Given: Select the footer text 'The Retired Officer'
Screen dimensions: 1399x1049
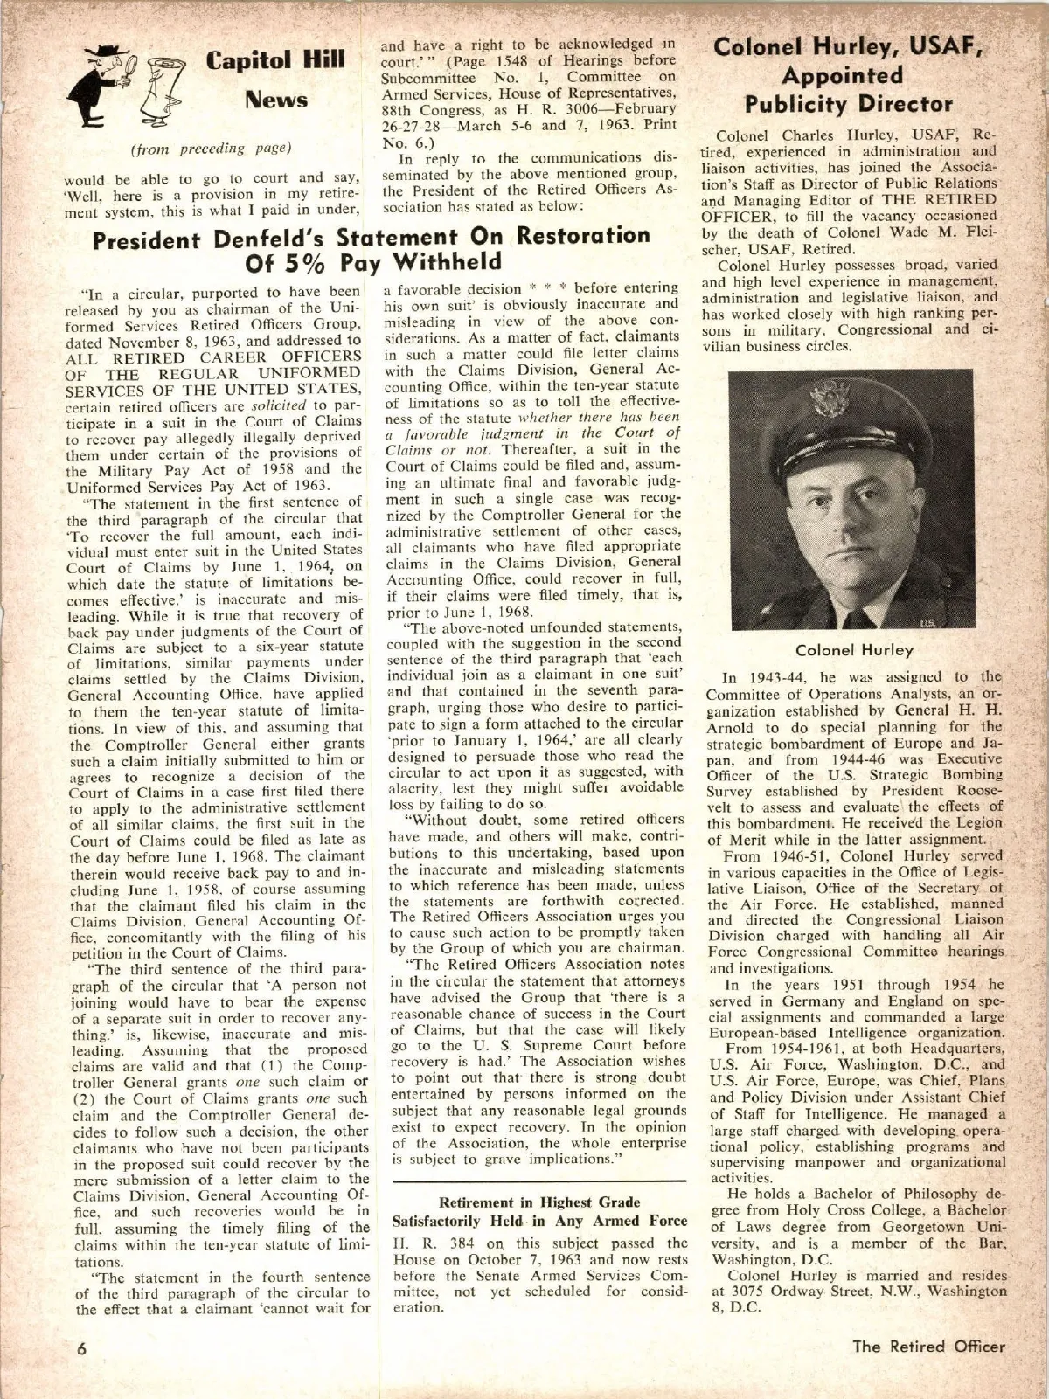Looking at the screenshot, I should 929,1346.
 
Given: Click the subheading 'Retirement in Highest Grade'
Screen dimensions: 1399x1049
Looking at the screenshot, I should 527,1202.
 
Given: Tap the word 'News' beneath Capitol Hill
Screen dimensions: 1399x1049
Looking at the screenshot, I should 275,99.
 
